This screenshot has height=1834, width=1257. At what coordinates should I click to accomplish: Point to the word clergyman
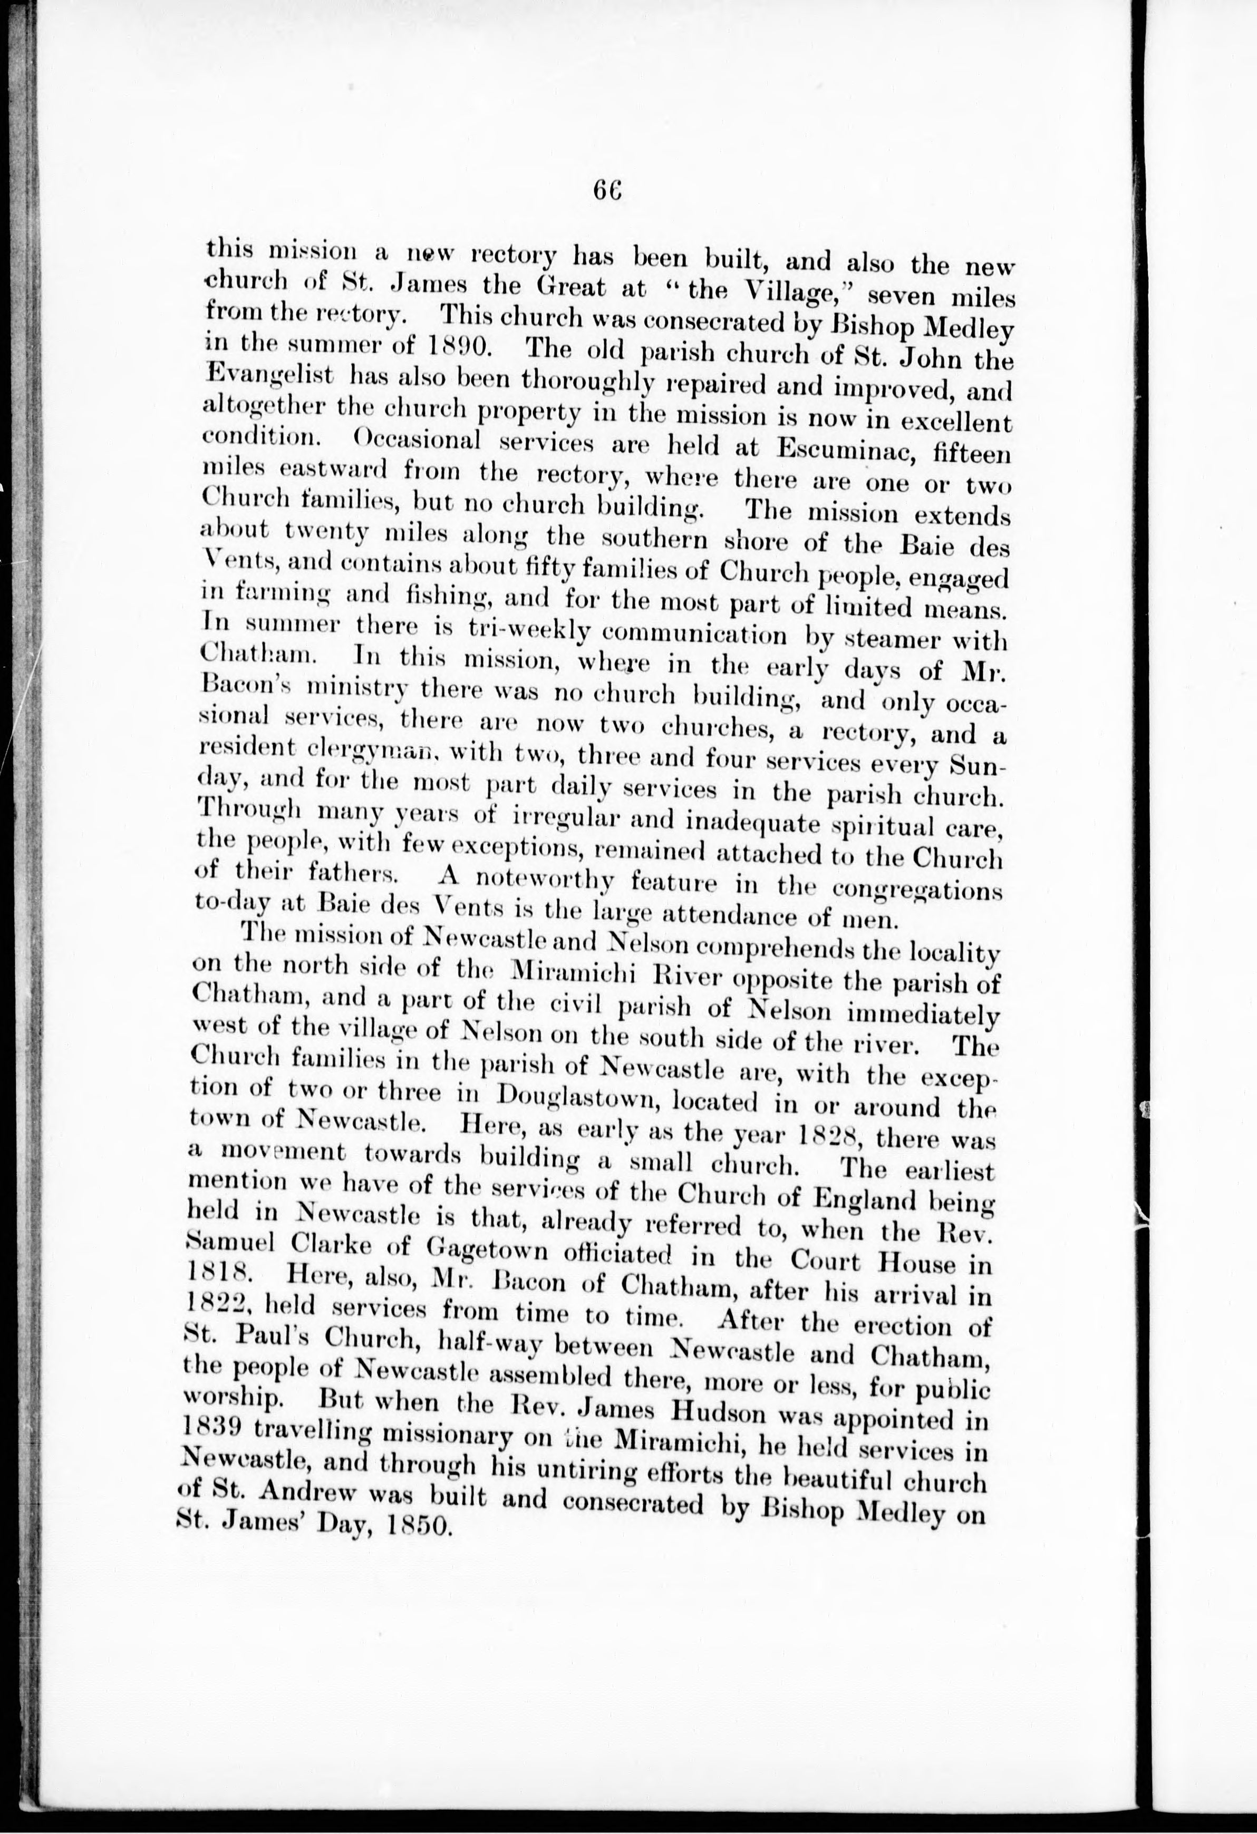click(364, 752)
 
